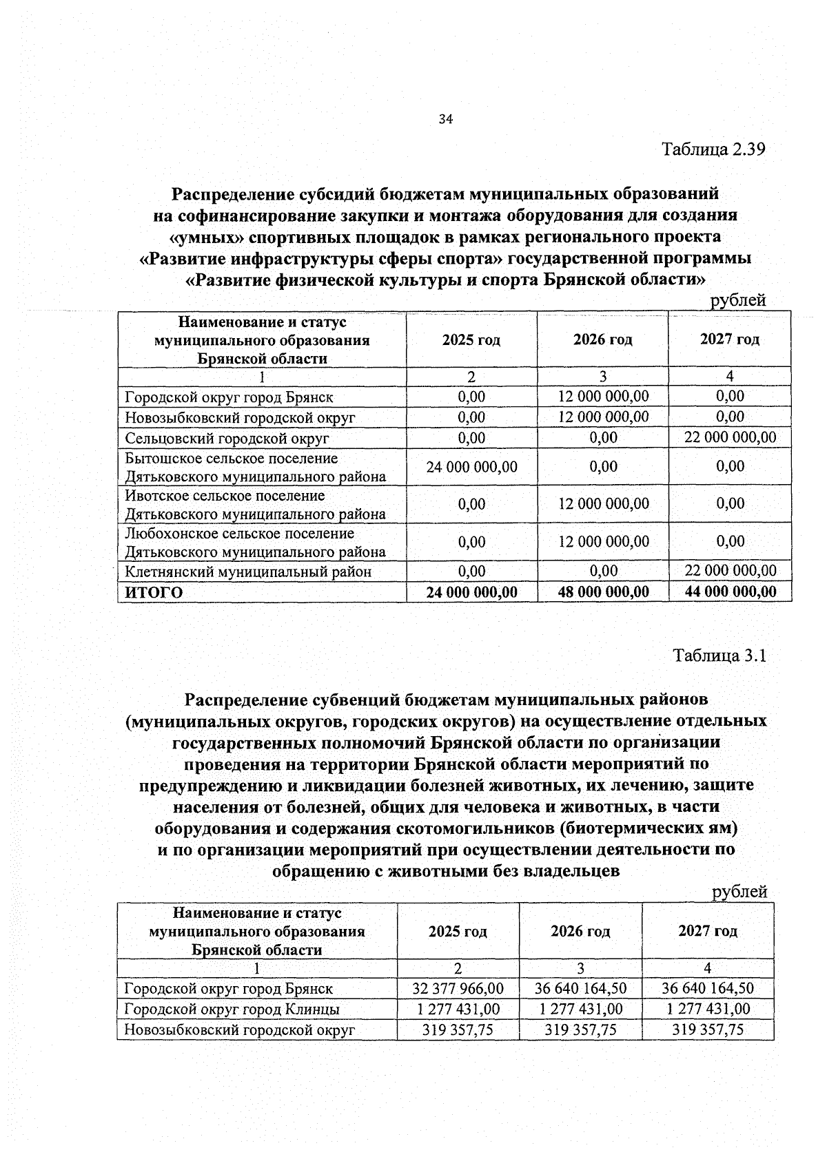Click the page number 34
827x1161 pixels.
click(445, 120)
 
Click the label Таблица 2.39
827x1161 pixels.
click(713, 149)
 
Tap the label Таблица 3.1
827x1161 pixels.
click(719, 655)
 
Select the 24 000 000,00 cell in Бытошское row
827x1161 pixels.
click(471, 467)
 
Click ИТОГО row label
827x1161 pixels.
click(154, 592)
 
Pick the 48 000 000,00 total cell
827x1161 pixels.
click(603, 592)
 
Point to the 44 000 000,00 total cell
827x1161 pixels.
click(730, 592)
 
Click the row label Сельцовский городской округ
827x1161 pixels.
click(227, 438)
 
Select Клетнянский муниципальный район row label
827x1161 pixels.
click(248, 572)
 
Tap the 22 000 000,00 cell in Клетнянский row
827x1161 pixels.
click(730, 571)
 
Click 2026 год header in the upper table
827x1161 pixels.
click(602, 339)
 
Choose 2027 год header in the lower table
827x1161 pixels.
click(707, 931)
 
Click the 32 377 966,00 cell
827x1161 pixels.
click(458, 988)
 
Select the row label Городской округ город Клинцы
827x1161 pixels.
click(232, 1010)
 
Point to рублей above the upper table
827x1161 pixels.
click(738, 300)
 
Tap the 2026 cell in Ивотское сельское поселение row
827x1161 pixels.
click(603, 504)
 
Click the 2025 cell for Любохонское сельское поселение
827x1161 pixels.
click(471, 542)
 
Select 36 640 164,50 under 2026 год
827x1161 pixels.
click(580, 988)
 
